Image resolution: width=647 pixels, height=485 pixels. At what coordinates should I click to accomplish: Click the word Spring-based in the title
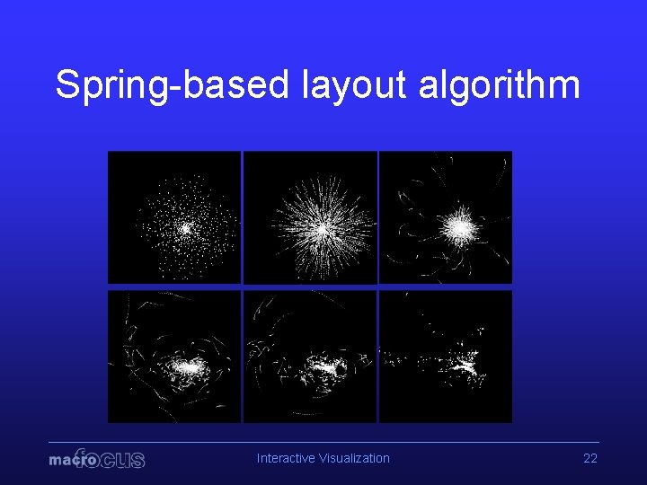(x=172, y=85)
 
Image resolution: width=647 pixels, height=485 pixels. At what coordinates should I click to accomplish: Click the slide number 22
(x=590, y=458)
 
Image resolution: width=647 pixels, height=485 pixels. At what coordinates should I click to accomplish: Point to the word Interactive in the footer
(x=285, y=458)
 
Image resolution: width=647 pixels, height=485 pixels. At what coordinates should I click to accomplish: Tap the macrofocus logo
(x=96, y=459)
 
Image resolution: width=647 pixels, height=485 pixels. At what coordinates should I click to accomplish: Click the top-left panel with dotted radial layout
(x=174, y=217)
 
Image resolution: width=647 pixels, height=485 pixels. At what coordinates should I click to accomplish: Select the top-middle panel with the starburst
(x=310, y=217)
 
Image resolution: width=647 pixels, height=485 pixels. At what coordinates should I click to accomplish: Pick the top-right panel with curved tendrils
(x=446, y=217)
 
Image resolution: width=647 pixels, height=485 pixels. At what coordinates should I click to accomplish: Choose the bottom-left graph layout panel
(x=174, y=356)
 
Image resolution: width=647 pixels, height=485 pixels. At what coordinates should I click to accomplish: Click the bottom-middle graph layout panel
(x=310, y=356)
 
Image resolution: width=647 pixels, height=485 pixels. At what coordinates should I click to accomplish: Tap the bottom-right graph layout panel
(x=446, y=356)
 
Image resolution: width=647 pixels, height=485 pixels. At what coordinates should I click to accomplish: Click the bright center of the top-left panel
(x=185, y=228)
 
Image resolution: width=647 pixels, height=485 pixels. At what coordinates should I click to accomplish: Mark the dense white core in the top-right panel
(x=461, y=228)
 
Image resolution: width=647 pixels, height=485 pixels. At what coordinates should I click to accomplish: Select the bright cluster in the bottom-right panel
(x=467, y=366)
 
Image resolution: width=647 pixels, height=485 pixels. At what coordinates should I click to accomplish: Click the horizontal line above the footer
(x=323, y=442)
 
